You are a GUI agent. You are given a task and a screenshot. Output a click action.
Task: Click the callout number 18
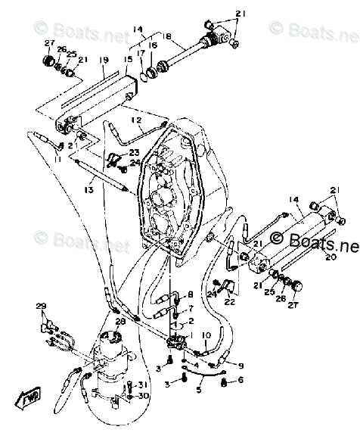[x=167, y=36]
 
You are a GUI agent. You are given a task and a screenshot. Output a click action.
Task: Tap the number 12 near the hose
[x=136, y=120]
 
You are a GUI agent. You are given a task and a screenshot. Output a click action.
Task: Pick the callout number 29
[x=40, y=306]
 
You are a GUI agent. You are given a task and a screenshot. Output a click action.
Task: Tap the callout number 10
[x=207, y=335]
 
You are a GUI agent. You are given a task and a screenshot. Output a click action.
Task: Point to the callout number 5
[x=200, y=391]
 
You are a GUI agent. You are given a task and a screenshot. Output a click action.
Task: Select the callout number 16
[x=154, y=46]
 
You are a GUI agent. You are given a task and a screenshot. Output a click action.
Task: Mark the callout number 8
[x=190, y=294]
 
